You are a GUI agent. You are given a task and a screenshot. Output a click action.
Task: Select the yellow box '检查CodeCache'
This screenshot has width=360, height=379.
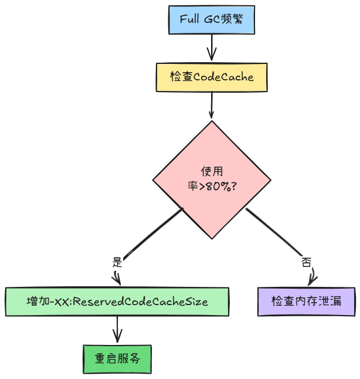(212, 77)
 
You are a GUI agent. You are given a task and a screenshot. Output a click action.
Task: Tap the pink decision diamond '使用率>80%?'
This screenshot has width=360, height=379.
(212, 180)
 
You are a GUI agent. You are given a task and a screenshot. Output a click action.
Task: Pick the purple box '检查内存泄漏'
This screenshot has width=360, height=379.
(306, 302)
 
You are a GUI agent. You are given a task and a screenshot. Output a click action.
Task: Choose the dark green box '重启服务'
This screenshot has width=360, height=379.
(117, 358)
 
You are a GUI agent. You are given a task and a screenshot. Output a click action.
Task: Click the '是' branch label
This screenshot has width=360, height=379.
(116, 262)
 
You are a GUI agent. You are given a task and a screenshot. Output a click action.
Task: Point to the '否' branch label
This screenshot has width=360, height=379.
(306, 262)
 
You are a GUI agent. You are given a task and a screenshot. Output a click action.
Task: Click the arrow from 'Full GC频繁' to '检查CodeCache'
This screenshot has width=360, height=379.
(212, 47)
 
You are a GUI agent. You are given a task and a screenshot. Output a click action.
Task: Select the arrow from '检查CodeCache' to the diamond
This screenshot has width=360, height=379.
(212, 106)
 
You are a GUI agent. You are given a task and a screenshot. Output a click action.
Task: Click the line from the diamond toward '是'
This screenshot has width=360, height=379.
(152, 232)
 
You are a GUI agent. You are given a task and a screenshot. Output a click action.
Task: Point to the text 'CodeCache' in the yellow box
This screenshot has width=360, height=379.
(223, 77)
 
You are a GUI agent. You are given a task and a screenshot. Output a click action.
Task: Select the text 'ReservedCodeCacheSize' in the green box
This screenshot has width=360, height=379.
(141, 302)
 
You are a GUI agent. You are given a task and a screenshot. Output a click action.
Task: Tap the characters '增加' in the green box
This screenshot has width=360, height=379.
(37, 302)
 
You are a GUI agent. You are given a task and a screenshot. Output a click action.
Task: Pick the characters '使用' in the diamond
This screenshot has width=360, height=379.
(212, 172)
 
